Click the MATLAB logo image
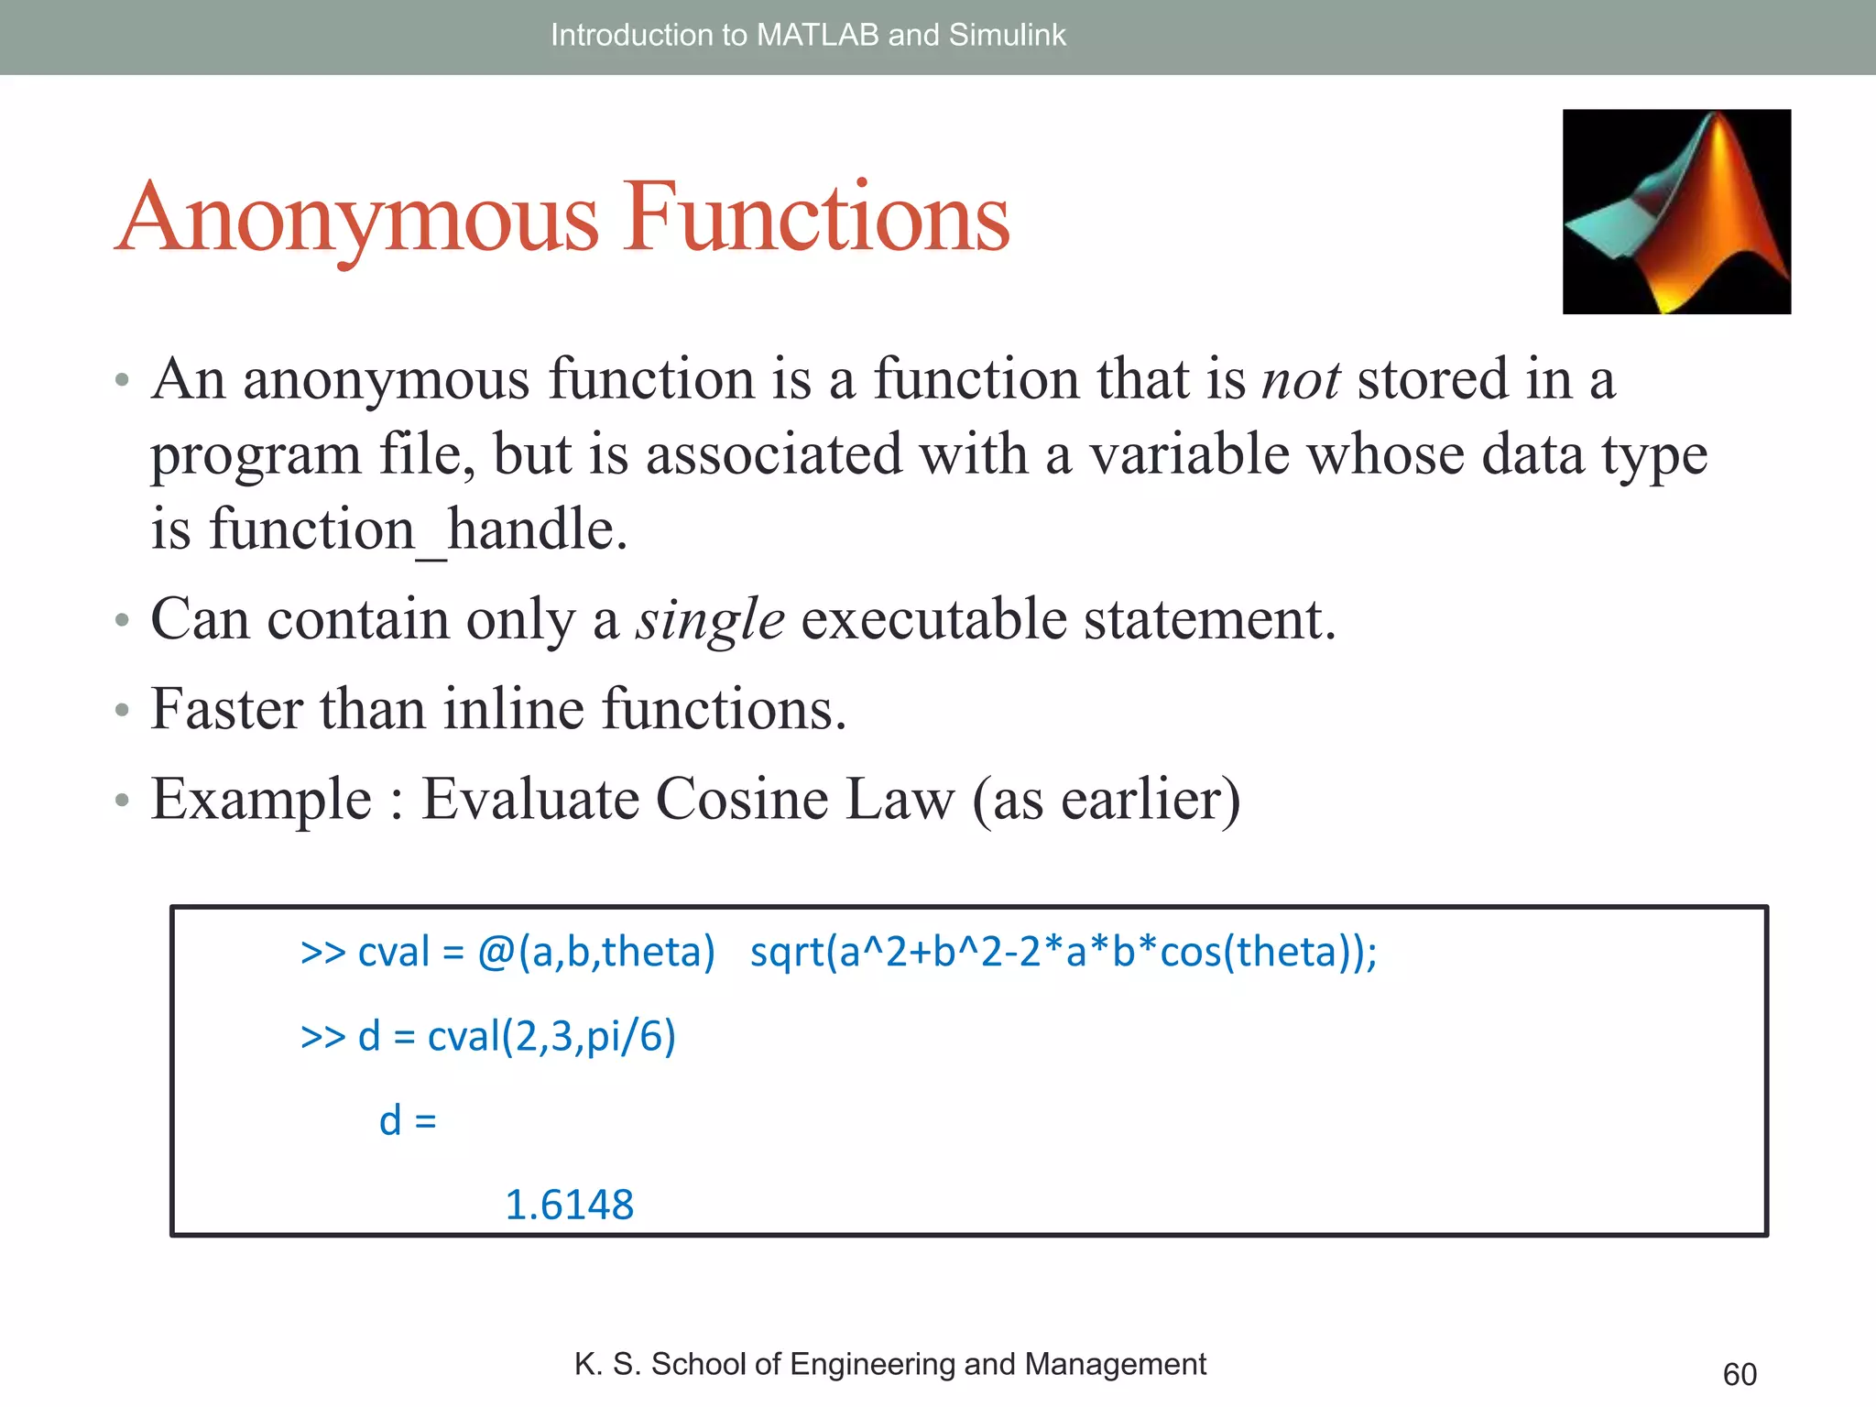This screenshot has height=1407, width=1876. tap(1675, 212)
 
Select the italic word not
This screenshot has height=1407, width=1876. tap(1301, 379)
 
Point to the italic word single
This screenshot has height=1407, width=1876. tap(710, 620)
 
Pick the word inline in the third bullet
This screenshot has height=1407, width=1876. tap(513, 709)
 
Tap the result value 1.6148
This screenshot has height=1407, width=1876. tap(569, 1205)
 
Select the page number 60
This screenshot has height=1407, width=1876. tap(1739, 1374)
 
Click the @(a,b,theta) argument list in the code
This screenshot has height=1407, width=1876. tap(595, 952)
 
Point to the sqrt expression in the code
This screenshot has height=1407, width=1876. tap(1063, 952)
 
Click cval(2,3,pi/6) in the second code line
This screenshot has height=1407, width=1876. tap(551, 1037)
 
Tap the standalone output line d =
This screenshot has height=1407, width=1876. tap(408, 1121)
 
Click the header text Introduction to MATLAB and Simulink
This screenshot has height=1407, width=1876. tap(808, 35)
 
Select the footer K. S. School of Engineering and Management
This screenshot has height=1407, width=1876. tap(889, 1364)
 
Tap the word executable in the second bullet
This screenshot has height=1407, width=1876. tap(934, 620)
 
